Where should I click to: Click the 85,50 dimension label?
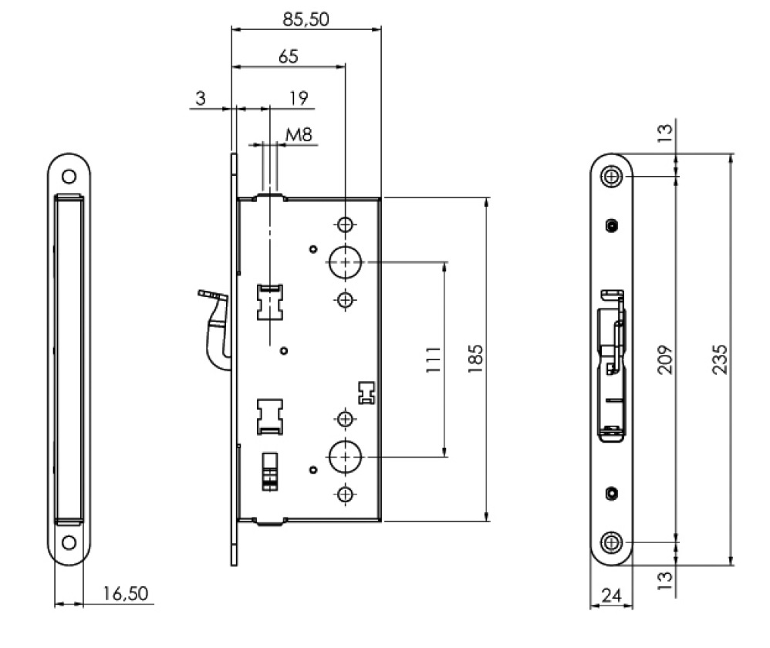(306, 19)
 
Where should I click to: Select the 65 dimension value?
(288, 56)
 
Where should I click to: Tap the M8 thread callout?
(299, 136)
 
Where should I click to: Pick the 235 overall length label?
(719, 359)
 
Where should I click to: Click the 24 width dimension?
(611, 595)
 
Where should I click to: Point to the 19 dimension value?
(299, 98)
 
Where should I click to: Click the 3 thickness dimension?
(201, 98)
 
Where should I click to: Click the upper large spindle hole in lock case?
(344, 262)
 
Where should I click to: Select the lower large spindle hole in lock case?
(344, 456)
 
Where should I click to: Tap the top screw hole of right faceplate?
(613, 177)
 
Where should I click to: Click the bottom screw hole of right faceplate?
(613, 542)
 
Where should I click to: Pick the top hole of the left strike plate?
(69, 176)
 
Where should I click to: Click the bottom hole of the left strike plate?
(69, 542)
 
